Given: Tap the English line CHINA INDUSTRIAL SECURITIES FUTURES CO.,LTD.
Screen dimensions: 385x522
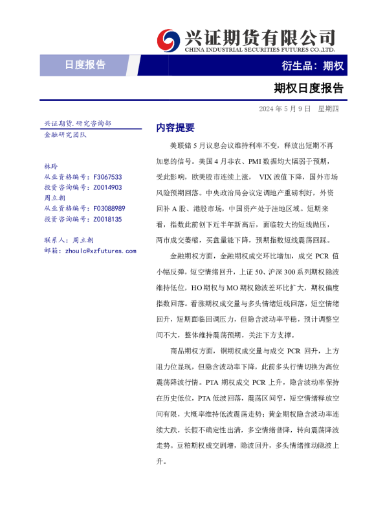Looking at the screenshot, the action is [259, 49].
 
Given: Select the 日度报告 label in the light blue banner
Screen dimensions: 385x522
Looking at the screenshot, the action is [85, 65].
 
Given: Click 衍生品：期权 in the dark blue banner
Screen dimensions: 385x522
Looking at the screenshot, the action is [313, 65].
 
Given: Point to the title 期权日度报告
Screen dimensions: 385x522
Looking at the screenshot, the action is [309, 88].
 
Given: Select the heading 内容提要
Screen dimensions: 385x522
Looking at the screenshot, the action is [175, 128].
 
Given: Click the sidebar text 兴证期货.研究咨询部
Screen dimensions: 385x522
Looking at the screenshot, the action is [77, 123].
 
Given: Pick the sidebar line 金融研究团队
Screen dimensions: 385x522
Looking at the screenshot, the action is [65, 134].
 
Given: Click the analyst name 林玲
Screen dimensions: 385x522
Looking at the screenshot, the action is [50, 166].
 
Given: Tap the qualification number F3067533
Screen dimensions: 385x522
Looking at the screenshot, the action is [107, 176].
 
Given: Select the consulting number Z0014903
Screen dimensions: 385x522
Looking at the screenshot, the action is [107, 187].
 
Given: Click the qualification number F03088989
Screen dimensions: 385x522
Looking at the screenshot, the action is [109, 208].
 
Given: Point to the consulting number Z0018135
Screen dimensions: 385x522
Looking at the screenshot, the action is [107, 219].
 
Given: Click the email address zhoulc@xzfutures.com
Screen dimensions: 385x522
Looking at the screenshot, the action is [100, 251].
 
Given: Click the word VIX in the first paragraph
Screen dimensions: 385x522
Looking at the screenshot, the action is [265, 176].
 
